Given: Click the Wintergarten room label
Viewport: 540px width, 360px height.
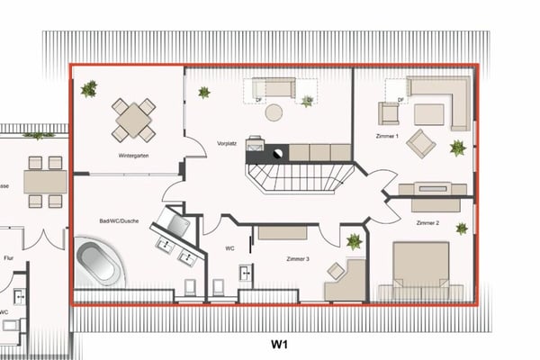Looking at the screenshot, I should (x=132, y=155).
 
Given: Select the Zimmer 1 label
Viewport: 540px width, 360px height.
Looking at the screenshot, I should (x=388, y=135).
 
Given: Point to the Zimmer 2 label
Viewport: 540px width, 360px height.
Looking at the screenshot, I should (x=428, y=221).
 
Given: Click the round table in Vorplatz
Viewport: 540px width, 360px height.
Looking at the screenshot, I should (x=274, y=112).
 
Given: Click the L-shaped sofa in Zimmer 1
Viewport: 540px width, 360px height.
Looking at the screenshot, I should (x=441, y=99).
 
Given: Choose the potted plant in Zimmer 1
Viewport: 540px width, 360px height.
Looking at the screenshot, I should (x=458, y=147).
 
